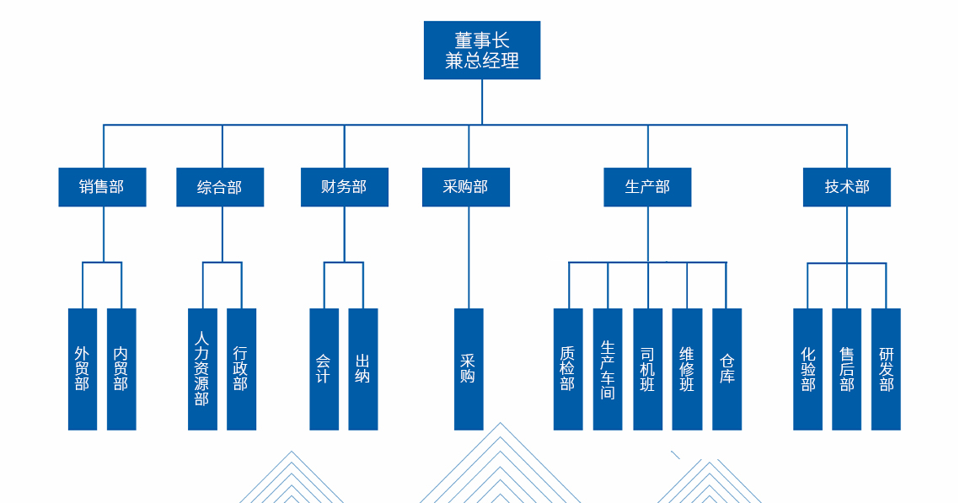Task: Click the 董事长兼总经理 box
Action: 481,51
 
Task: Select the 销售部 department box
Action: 102,187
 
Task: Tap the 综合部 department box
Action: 220,187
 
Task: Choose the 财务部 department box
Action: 344,187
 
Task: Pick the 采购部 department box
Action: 465,187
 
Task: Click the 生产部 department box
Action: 647,187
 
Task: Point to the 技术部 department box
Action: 846,187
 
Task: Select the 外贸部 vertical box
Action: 83,369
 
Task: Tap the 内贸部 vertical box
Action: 121,369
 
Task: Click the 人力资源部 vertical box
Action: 202,369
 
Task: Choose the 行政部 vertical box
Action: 241,369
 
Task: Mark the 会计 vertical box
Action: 324,369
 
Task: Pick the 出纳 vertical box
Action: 363,369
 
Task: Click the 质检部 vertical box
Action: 568,369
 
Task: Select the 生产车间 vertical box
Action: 608,369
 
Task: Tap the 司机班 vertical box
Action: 647,369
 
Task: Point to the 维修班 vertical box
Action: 687,369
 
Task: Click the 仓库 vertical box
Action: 726,369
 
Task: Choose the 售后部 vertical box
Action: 846,369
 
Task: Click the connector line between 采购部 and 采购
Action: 469,257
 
